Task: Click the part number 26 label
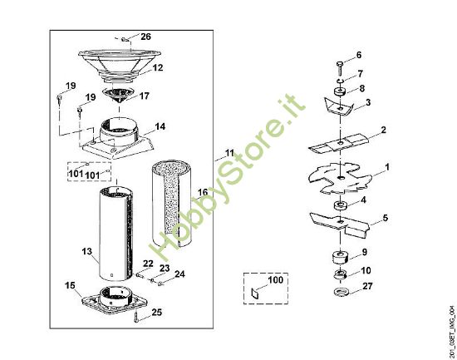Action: [x=146, y=37]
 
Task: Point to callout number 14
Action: [x=160, y=126]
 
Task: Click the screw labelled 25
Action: [x=135, y=318]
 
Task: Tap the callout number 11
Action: [x=230, y=154]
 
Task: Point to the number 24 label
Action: [x=180, y=274]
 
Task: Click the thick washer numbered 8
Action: [x=340, y=91]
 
